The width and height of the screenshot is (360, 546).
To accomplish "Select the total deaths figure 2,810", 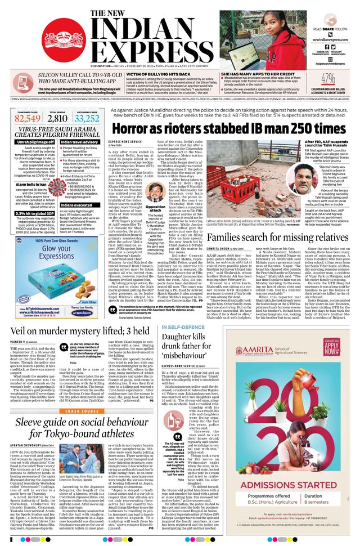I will point(57,118).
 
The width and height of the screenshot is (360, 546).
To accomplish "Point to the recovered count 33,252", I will point(87,118).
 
